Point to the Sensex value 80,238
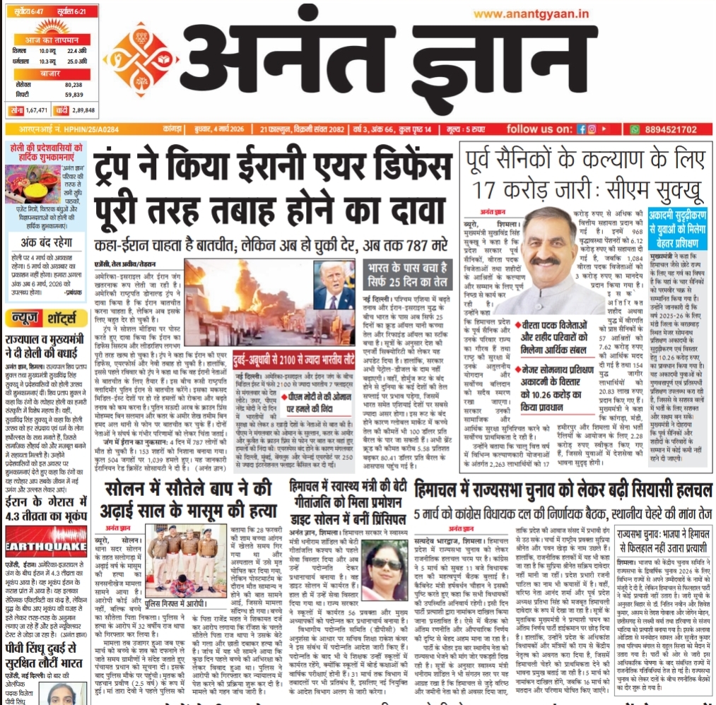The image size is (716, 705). coord(74,84)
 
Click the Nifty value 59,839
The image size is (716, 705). coord(74,94)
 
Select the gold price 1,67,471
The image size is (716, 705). coord(36,110)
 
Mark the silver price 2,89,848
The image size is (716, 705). coord(83,110)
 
